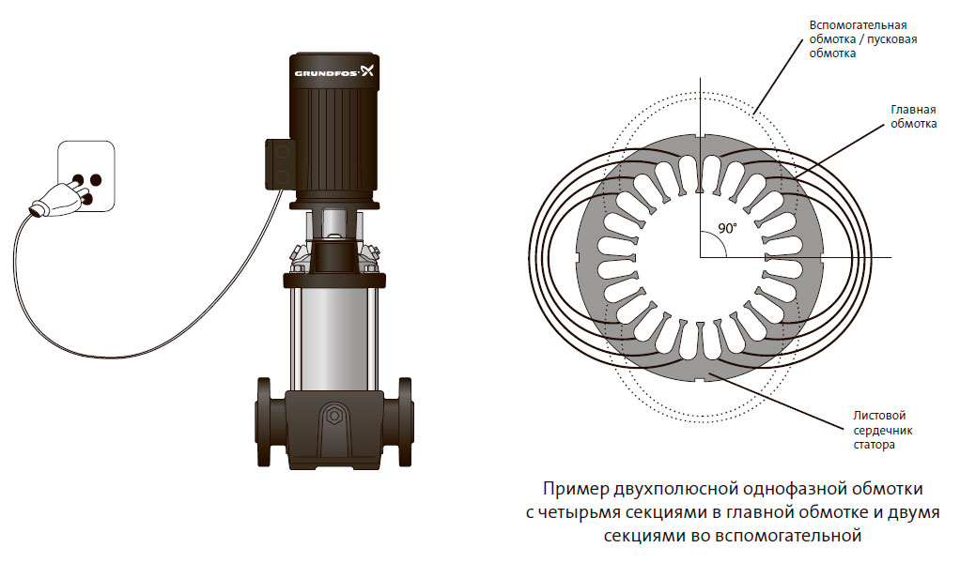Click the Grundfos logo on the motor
[334, 71]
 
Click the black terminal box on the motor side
[280, 164]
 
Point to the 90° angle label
[727, 228]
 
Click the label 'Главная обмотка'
[913, 116]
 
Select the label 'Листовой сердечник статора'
[883, 430]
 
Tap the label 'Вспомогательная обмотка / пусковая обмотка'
[863, 39]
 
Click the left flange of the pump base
[263, 422]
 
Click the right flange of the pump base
[406, 422]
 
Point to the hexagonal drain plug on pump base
[334, 416]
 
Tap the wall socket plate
[85, 176]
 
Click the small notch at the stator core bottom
[699, 382]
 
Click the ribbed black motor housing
[334, 129]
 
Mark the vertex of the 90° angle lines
[700, 257]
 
